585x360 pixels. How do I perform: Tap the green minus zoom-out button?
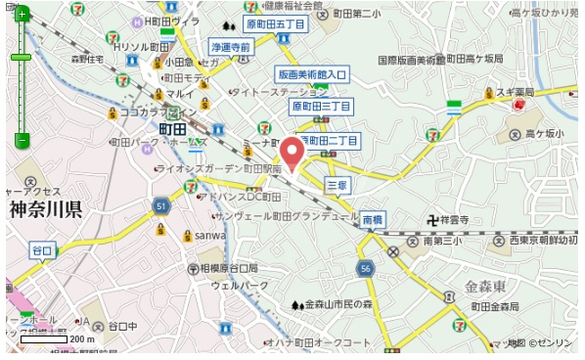(22, 141)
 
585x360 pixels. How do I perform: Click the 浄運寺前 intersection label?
(231, 47)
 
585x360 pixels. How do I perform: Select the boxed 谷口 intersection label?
(41, 250)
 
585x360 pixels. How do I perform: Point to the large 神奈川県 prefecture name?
(45, 208)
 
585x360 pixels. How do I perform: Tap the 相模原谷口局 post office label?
(229, 267)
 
